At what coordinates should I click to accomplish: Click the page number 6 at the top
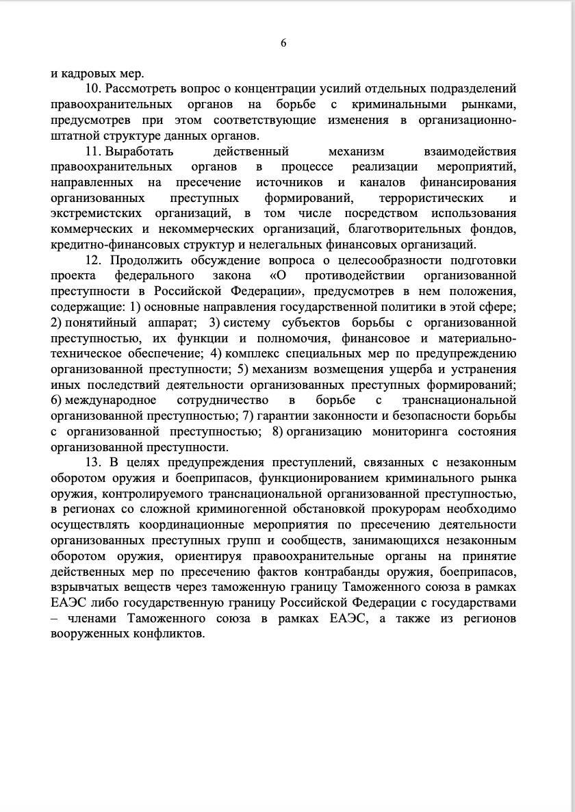click(283, 43)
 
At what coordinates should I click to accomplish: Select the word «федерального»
click(149, 276)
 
